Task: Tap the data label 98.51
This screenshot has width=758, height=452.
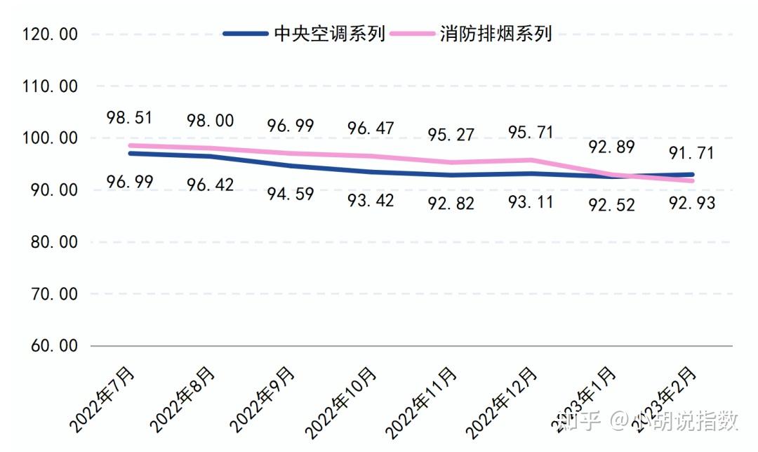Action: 130,117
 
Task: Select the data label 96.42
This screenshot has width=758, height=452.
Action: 210,185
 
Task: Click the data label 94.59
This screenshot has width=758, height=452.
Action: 291,193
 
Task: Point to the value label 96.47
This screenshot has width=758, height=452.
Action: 371,128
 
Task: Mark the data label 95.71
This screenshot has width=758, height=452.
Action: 531,132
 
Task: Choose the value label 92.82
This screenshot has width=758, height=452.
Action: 451,204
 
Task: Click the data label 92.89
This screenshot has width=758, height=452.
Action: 611,147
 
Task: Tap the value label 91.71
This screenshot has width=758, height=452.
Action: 692,152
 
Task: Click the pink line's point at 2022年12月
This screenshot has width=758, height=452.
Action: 532,160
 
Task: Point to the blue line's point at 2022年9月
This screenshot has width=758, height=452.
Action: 291,166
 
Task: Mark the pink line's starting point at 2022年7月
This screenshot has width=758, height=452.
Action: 131,145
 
